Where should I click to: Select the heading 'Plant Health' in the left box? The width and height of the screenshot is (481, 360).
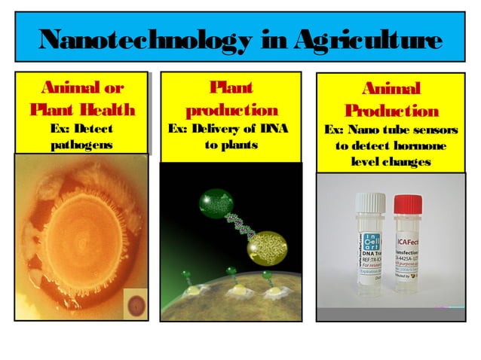tap(82, 110)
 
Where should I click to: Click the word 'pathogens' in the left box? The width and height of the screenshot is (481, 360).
tap(81, 143)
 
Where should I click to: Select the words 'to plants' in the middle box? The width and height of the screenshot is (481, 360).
tap(231, 142)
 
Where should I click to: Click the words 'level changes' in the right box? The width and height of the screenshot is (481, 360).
tap(391, 162)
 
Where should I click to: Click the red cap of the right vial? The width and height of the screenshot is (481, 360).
tap(408, 203)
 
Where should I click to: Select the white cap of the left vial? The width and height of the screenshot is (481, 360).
tap(370, 201)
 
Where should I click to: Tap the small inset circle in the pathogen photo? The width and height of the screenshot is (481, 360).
tap(137, 306)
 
